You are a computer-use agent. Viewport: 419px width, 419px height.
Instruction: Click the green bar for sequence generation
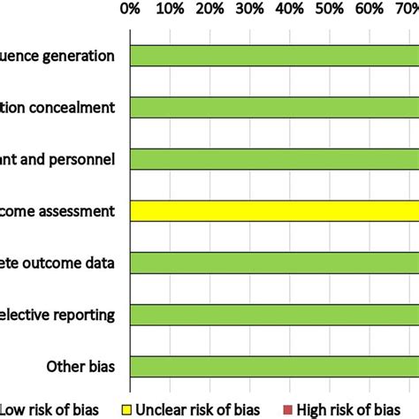point(274,55)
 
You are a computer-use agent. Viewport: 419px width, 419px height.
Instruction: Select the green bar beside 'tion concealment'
point(274,107)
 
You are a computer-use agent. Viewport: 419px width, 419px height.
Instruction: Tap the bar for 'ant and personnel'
point(274,159)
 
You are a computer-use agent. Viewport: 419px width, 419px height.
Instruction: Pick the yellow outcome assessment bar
point(274,211)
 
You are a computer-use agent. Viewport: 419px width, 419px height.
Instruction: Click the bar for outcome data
point(274,263)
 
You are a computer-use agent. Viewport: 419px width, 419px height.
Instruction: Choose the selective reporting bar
point(274,315)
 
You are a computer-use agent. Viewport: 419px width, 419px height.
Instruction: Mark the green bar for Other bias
point(274,366)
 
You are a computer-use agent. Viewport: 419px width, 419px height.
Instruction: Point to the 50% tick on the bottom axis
point(330,385)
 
